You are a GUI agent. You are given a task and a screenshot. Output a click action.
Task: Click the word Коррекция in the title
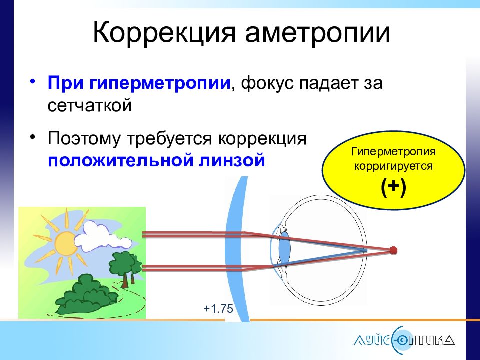[164, 33]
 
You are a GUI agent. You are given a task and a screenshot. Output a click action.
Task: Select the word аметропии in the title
[318, 33]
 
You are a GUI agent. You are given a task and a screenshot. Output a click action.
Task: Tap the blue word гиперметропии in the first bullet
[160, 83]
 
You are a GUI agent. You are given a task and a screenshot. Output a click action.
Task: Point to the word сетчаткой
[89, 105]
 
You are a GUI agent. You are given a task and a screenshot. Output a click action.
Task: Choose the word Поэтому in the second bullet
[84, 138]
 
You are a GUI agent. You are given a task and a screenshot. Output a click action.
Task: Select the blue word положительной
[121, 160]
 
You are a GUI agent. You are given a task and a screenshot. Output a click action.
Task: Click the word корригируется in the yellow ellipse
[393, 167]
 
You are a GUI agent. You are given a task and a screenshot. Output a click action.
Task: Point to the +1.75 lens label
[218, 309]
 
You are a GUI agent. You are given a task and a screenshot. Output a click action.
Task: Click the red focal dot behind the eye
[393, 251]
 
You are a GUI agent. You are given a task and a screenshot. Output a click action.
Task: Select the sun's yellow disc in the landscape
[65, 243]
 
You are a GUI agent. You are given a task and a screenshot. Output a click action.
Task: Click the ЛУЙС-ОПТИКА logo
[404, 340]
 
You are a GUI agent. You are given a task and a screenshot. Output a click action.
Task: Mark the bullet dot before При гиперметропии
[33, 82]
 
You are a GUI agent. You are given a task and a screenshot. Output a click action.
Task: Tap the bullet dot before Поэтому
[33, 136]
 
